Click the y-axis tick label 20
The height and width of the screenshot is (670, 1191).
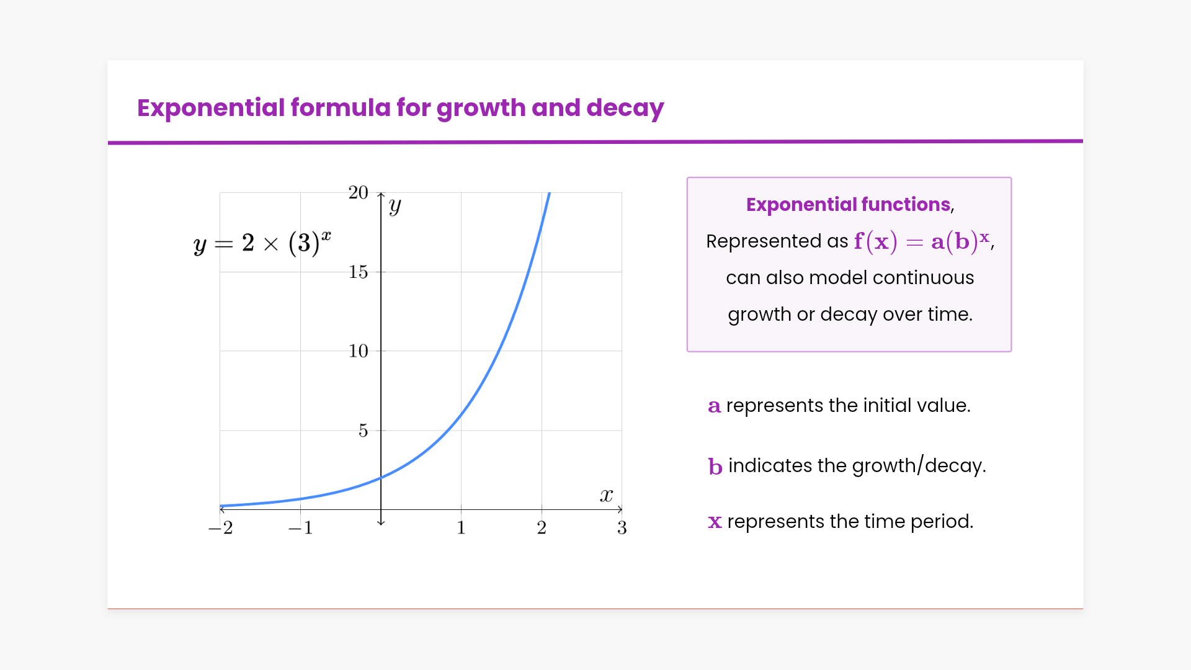(x=358, y=193)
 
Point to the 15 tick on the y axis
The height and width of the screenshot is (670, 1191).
(x=358, y=272)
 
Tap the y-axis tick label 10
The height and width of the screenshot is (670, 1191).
(x=358, y=351)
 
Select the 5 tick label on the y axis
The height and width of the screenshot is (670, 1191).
(x=364, y=431)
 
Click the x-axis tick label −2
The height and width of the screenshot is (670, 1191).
(x=220, y=528)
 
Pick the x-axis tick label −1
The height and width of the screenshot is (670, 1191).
(x=300, y=528)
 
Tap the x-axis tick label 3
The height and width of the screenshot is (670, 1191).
(x=622, y=528)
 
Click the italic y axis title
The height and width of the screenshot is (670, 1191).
(x=395, y=206)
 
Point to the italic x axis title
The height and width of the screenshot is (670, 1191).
(x=606, y=495)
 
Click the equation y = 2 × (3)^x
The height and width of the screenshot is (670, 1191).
(x=262, y=243)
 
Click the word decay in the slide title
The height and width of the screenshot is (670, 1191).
(x=625, y=108)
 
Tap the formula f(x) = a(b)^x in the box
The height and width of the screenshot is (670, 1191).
(x=922, y=241)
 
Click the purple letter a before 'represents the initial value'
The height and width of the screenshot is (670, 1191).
(x=715, y=406)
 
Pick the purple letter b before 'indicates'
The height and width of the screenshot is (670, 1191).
(x=715, y=466)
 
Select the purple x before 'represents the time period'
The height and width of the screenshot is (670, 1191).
(x=715, y=522)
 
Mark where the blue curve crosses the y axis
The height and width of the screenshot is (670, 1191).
(x=381, y=477)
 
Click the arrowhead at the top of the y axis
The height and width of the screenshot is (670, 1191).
(x=381, y=195)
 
